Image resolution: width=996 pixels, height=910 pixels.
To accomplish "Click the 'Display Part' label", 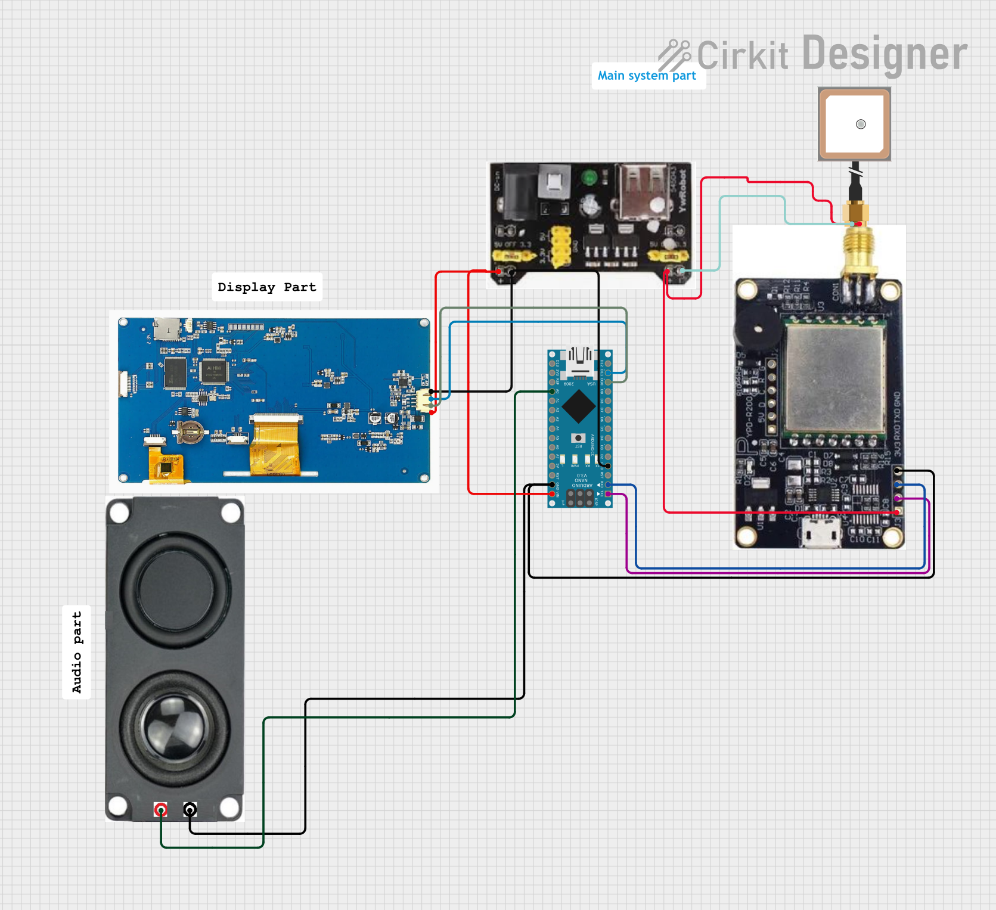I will [266, 287].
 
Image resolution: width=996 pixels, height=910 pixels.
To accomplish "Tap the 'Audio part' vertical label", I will [77, 652].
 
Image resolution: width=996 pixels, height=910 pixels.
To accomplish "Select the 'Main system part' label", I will [647, 76].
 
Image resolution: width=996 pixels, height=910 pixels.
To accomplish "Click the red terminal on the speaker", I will [160, 809].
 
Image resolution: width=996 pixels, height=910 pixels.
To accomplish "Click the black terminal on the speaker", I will [190, 809].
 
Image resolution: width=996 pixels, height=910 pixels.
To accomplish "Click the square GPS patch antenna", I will [854, 124].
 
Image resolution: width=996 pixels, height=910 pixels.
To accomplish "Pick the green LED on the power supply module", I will [589, 178].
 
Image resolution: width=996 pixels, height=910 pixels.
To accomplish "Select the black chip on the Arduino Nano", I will [578, 406].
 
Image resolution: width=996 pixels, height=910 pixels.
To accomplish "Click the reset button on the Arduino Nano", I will [578, 439].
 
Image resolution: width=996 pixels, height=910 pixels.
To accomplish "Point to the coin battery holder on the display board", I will [190, 431].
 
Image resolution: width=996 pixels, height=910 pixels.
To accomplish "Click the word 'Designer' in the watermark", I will [885, 54].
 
